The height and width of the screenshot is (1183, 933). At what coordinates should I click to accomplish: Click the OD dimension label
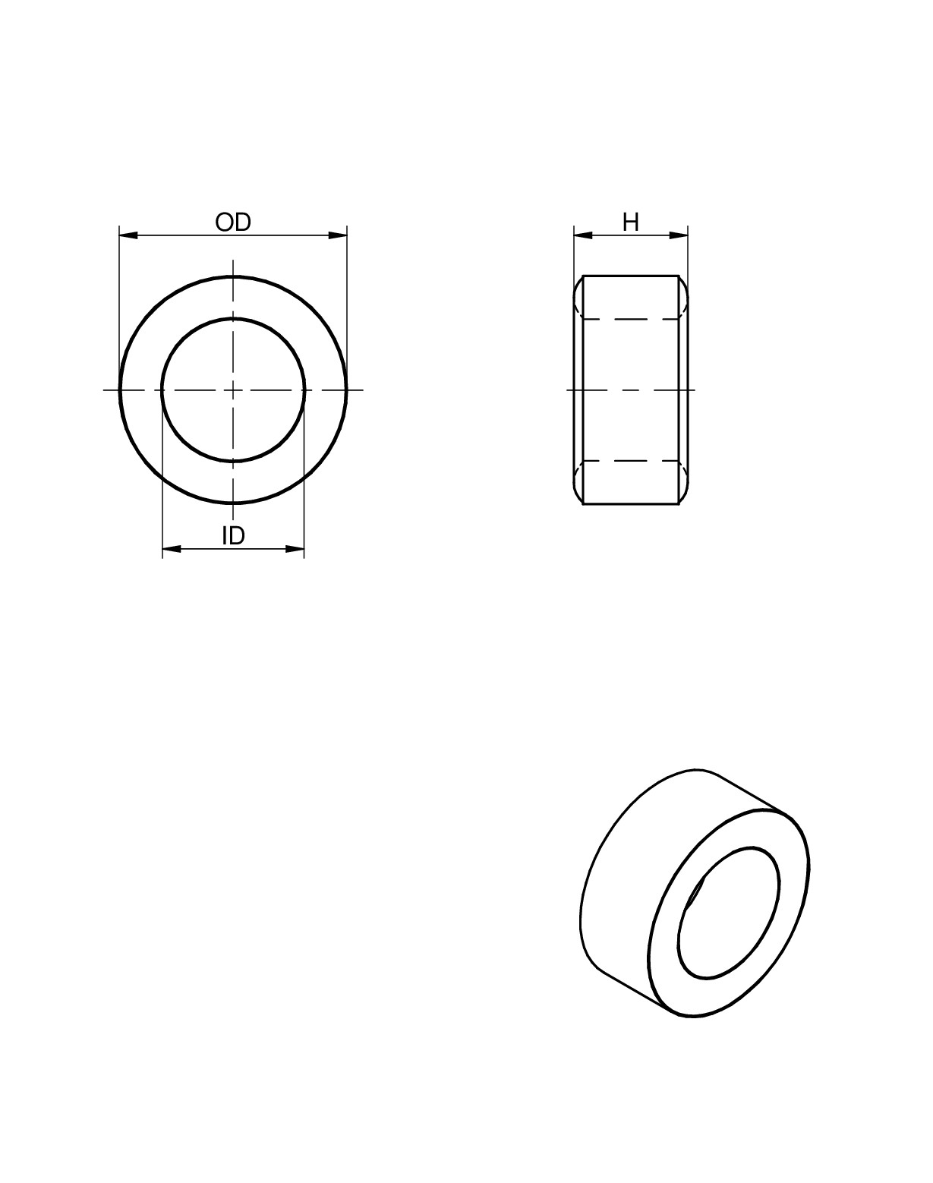tap(233, 222)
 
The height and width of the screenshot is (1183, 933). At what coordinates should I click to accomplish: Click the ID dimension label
tap(233, 536)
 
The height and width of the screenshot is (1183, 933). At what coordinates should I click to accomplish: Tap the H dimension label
tap(631, 222)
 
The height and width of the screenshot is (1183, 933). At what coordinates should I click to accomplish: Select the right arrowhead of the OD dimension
tap(338, 235)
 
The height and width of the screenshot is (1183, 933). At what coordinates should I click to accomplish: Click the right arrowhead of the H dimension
tap(679, 235)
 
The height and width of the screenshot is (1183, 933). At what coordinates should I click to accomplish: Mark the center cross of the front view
tap(233, 390)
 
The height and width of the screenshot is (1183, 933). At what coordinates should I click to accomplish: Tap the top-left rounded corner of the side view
tap(578, 284)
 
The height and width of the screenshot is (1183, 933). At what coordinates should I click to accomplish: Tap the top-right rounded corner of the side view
tap(684, 284)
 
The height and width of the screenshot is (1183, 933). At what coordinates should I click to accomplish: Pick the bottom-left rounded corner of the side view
tap(578, 496)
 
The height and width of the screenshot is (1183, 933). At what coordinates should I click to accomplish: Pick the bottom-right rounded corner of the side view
tap(684, 496)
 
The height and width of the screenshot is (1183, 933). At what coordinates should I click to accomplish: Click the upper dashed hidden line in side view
tap(631, 319)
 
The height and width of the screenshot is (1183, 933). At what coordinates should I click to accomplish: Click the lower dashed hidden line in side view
tap(631, 461)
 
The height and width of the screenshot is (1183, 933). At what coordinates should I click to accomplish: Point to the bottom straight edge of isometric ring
tap(638, 992)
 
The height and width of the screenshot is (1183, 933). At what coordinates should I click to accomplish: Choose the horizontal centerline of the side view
tap(631, 390)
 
